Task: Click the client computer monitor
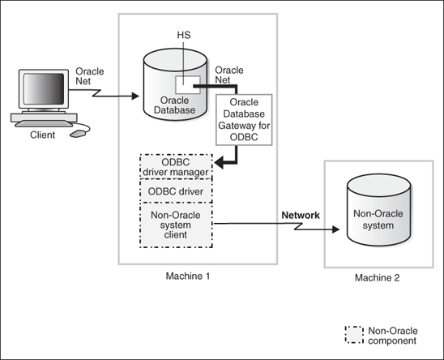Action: pos(41,90)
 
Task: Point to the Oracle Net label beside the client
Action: pos(89,77)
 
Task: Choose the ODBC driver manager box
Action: pos(176,166)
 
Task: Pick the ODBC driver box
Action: pos(176,191)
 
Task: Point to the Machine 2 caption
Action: pos(377,278)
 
